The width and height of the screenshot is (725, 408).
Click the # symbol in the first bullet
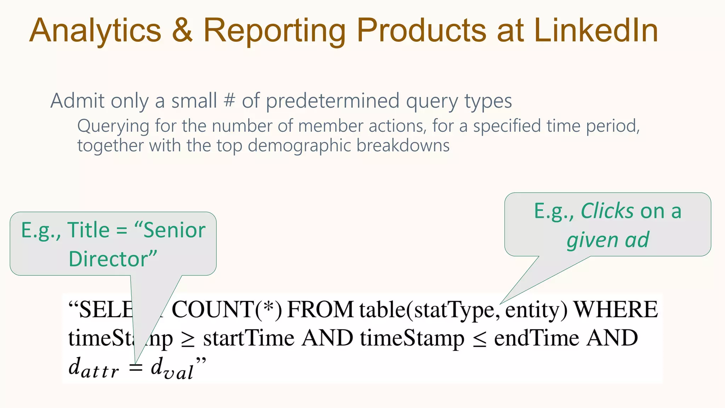point(229,100)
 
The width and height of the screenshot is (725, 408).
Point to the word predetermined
point(333,101)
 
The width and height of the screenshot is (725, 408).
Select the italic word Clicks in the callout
point(607,211)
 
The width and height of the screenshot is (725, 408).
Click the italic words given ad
point(608,240)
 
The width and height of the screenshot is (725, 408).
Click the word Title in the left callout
point(88,230)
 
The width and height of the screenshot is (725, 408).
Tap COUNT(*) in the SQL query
point(227,310)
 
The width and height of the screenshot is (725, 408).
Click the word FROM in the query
point(320,310)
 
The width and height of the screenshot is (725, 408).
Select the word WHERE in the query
point(616,310)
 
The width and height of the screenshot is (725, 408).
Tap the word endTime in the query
point(537,338)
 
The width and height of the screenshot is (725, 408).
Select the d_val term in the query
point(172,368)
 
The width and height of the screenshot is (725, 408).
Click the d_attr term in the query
point(93,368)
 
